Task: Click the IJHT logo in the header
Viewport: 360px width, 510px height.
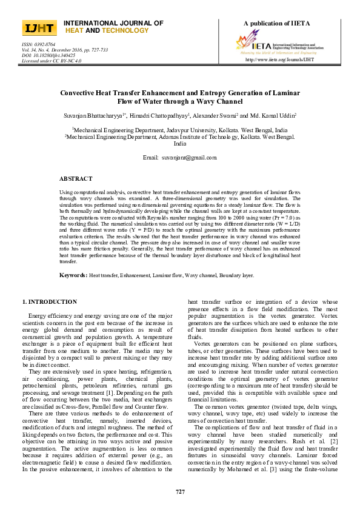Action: (39, 28)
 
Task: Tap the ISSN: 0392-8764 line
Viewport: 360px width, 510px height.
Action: (39, 44)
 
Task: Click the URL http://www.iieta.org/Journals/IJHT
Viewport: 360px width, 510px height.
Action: (279, 60)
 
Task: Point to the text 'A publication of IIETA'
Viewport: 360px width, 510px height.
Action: (276, 24)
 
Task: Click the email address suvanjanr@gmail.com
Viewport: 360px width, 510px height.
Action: (184, 157)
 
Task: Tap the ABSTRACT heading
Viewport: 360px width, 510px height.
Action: (76, 179)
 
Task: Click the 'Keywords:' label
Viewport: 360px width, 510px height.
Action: (73, 275)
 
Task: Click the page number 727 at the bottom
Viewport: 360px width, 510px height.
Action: (180, 491)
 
